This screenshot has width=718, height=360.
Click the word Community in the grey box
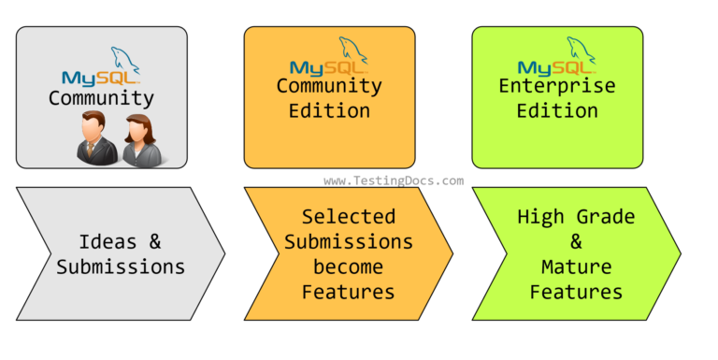101,97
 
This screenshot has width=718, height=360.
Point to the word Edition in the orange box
329,110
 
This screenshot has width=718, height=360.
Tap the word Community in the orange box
329,86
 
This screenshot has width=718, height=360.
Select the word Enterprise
557,86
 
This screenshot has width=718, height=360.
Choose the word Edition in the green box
557,110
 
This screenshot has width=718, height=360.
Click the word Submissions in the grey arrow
121,266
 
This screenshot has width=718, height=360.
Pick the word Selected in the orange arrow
348,217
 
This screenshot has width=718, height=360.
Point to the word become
348,267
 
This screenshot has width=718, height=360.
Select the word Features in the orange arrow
348,293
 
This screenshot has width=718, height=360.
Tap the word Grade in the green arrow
609,217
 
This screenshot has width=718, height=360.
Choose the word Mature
576,267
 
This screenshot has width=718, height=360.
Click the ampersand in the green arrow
576,242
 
